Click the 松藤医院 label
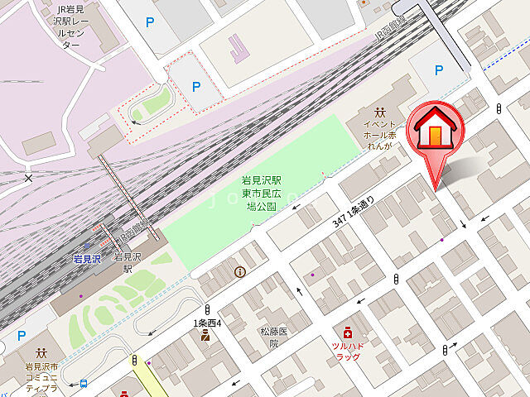pyautogui.click(x=273, y=337)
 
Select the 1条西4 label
pyautogui.click(x=207, y=323)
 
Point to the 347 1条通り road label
pyautogui.click(x=356, y=208)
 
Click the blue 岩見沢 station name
pyautogui.click(x=86, y=259)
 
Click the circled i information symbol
pyautogui.click(x=240, y=271)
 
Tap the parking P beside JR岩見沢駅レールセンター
pyautogui.click(x=150, y=22)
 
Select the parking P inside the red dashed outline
pyautogui.click(x=196, y=85)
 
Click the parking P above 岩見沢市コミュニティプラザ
pyautogui.click(x=22, y=335)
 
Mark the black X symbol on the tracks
pyautogui.click(x=29, y=178)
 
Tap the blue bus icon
pyautogui.click(x=84, y=383)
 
